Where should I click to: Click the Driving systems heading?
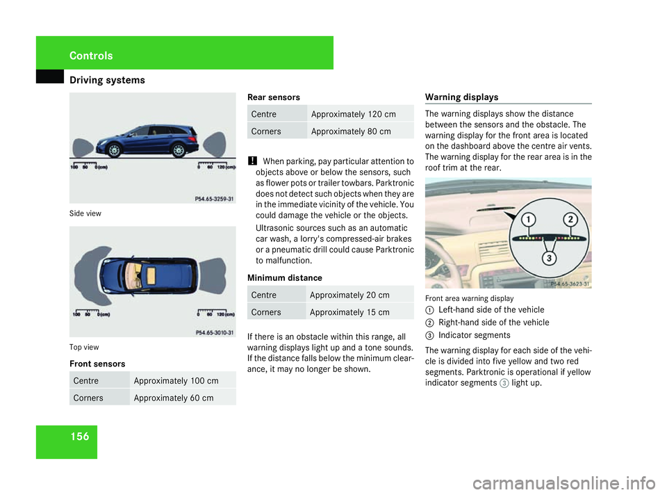coord(107,80)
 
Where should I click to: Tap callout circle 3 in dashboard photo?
coord(549,259)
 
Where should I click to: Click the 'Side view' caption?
coord(85,213)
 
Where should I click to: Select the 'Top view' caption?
coord(85,346)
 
